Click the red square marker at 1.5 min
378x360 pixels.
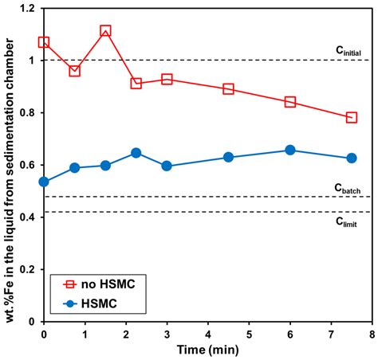point(105,31)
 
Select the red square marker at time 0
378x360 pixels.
point(44,42)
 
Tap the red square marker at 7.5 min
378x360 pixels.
point(351,117)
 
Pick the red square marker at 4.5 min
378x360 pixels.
point(228,88)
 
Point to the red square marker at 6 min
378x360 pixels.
point(289,102)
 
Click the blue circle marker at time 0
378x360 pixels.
point(44,182)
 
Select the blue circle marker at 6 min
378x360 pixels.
point(289,150)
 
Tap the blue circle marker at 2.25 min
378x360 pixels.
point(136,153)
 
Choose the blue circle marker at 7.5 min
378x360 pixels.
point(351,158)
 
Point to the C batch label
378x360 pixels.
point(350,188)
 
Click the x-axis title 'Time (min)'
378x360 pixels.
point(207,350)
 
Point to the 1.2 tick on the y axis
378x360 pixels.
point(28,9)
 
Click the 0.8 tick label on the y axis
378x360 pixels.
point(28,113)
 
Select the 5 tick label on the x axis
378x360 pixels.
point(249,334)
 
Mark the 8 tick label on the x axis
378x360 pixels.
point(372,334)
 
